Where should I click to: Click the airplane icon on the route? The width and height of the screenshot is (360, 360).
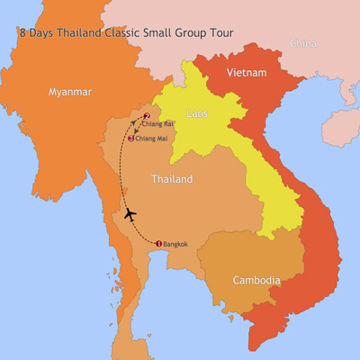(131, 214)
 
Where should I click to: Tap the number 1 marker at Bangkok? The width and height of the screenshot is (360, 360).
(158, 243)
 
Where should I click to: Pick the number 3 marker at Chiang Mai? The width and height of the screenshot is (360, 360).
(132, 138)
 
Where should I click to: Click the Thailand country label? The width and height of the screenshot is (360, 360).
(171, 179)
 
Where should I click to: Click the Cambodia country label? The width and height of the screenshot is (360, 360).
(256, 281)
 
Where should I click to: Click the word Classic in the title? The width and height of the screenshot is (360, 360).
(128, 33)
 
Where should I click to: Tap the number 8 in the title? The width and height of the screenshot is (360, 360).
(22, 33)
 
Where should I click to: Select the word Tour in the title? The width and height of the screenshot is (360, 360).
(221, 33)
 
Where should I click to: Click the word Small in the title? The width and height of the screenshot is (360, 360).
(163, 33)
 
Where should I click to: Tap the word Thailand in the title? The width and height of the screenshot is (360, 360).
(84, 33)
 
